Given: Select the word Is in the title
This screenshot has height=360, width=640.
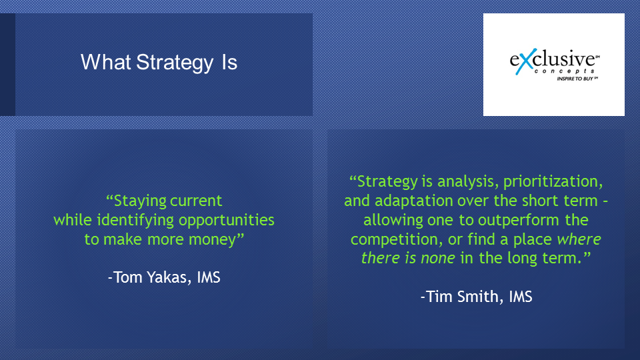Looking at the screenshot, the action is point(229,62).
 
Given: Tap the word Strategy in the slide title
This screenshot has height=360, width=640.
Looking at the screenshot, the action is point(175,63).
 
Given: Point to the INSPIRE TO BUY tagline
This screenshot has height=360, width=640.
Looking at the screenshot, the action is point(576,79).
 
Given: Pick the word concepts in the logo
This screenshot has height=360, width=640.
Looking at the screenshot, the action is point(565,71).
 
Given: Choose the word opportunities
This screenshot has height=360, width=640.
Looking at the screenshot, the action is point(227,221).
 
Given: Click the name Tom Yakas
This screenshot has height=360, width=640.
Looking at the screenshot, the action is point(149,277).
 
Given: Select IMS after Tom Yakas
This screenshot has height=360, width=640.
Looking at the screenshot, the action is point(209,277).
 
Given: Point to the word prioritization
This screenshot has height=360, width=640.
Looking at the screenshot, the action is point(553,181).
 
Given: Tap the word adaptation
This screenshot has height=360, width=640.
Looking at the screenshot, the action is point(414,201).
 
